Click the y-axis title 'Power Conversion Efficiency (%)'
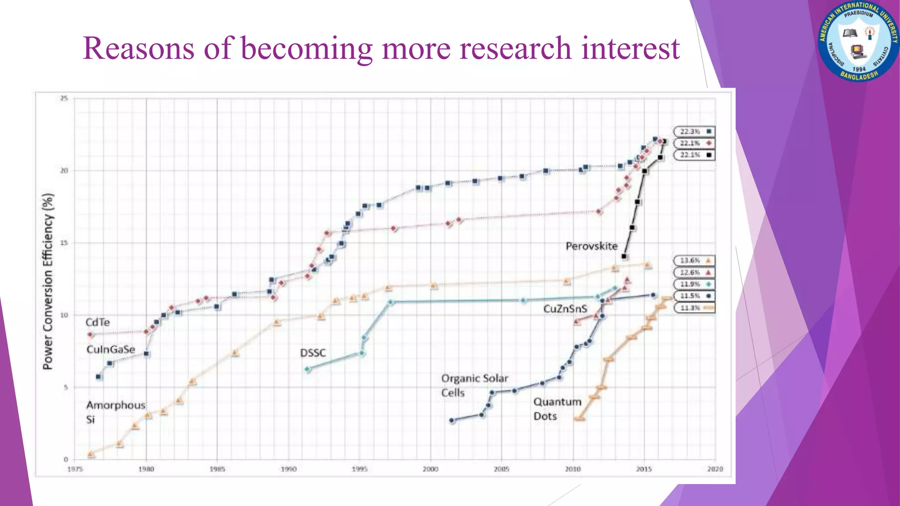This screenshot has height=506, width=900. pyautogui.click(x=48, y=281)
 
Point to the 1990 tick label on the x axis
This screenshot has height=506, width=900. pyautogui.click(x=288, y=469)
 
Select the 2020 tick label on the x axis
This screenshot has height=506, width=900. pyautogui.click(x=715, y=469)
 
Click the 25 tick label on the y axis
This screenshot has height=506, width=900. pyautogui.click(x=64, y=98)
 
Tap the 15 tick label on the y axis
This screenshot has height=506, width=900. pyautogui.click(x=64, y=243)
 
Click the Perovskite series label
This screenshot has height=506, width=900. pyautogui.click(x=592, y=246)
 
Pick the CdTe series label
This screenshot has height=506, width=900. pyautogui.click(x=98, y=322)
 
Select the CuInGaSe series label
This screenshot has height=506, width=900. pyautogui.click(x=111, y=350)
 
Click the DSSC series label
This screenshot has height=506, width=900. pyautogui.click(x=313, y=353)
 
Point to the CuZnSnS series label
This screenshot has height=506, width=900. pyautogui.click(x=565, y=309)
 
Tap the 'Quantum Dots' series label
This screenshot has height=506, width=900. pyautogui.click(x=557, y=409)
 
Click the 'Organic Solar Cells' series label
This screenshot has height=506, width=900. pyautogui.click(x=474, y=385)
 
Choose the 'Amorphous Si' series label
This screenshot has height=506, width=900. pyautogui.click(x=115, y=412)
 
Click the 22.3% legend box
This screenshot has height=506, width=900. pyautogui.click(x=694, y=132)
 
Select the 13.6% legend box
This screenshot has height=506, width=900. pyautogui.click(x=694, y=261)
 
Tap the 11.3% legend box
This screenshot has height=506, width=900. pyautogui.click(x=694, y=308)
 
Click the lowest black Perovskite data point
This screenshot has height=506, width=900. pyautogui.click(x=624, y=256)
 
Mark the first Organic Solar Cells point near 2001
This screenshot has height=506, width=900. pyautogui.click(x=452, y=420)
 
